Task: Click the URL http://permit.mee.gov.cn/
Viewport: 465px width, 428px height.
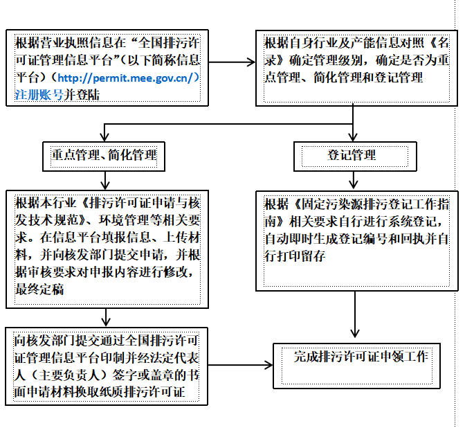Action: [x=128, y=78]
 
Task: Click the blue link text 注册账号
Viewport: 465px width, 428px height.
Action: [x=39, y=94]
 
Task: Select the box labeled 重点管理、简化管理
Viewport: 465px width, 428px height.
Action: [x=104, y=155]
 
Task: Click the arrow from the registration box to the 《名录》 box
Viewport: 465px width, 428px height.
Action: [x=232, y=62]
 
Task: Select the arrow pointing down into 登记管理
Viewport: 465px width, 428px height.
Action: [x=354, y=132]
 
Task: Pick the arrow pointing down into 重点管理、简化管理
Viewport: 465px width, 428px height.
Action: [x=104, y=132]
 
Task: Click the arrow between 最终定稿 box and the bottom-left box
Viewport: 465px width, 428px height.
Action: [x=104, y=318]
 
